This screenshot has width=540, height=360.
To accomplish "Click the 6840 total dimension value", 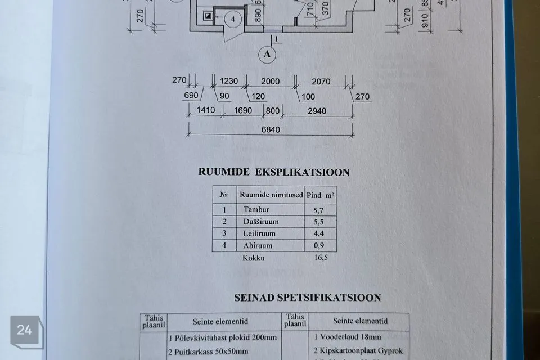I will pyautogui.click(x=270, y=129).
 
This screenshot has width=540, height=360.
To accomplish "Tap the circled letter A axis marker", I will pyautogui.click(x=267, y=54).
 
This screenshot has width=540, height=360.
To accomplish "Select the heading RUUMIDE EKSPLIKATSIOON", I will pyautogui.click(x=274, y=172).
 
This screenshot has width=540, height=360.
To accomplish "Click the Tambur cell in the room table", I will pyautogui.click(x=256, y=210).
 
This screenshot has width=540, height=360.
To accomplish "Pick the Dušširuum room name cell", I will pyautogui.click(x=261, y=222).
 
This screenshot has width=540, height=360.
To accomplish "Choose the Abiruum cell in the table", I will pyautogui.click(x=258, y=246).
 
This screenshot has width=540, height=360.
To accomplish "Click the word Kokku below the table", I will pyautogui.click(x=253, y=258).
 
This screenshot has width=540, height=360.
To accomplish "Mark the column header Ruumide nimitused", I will pyautogui.click(x=271, y=195).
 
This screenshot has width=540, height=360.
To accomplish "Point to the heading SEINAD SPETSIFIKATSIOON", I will pyautogui.click(x=308, y=298).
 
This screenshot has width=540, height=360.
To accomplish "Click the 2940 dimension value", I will pyautogui.click(x=317, y=111).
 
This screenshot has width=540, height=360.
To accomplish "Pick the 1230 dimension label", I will pyautogui.click(x=228, y=81).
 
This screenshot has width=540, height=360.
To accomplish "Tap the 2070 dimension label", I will pyautogui.click(x=321, y=81).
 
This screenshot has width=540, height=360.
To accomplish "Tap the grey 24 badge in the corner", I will pyautogui.click(x=25, y=330).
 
